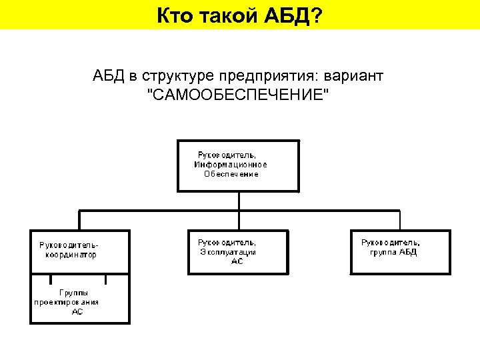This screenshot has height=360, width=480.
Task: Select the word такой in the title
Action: [x=229, y=15]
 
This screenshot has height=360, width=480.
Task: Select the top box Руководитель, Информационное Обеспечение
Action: [x=238, y=165]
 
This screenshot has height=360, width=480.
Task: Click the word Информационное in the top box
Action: [x=231, y=165]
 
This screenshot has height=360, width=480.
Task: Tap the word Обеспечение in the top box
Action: [x=231, y=174]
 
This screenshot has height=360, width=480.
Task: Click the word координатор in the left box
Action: [x=71, y=255]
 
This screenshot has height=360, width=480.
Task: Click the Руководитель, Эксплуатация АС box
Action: [x=238, y=252]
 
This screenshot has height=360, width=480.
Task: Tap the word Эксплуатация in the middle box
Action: [x=227, y=252]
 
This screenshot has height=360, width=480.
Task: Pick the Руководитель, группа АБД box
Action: [x=400, y=251]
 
